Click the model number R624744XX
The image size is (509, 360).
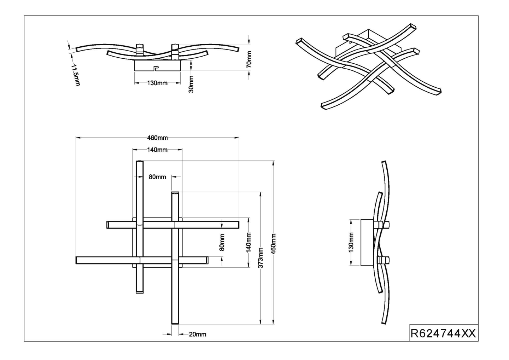443,333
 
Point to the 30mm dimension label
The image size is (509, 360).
191,84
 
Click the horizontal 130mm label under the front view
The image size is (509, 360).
157,83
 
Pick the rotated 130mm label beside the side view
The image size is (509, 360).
351,242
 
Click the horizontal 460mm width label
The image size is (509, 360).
157,138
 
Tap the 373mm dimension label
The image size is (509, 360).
261,257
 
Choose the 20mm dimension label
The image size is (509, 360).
197,334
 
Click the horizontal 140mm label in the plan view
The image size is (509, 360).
157,150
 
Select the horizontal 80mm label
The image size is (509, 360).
157,177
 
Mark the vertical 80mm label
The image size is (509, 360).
222,243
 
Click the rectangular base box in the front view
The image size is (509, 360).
158,65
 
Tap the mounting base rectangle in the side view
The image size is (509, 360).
366,242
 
